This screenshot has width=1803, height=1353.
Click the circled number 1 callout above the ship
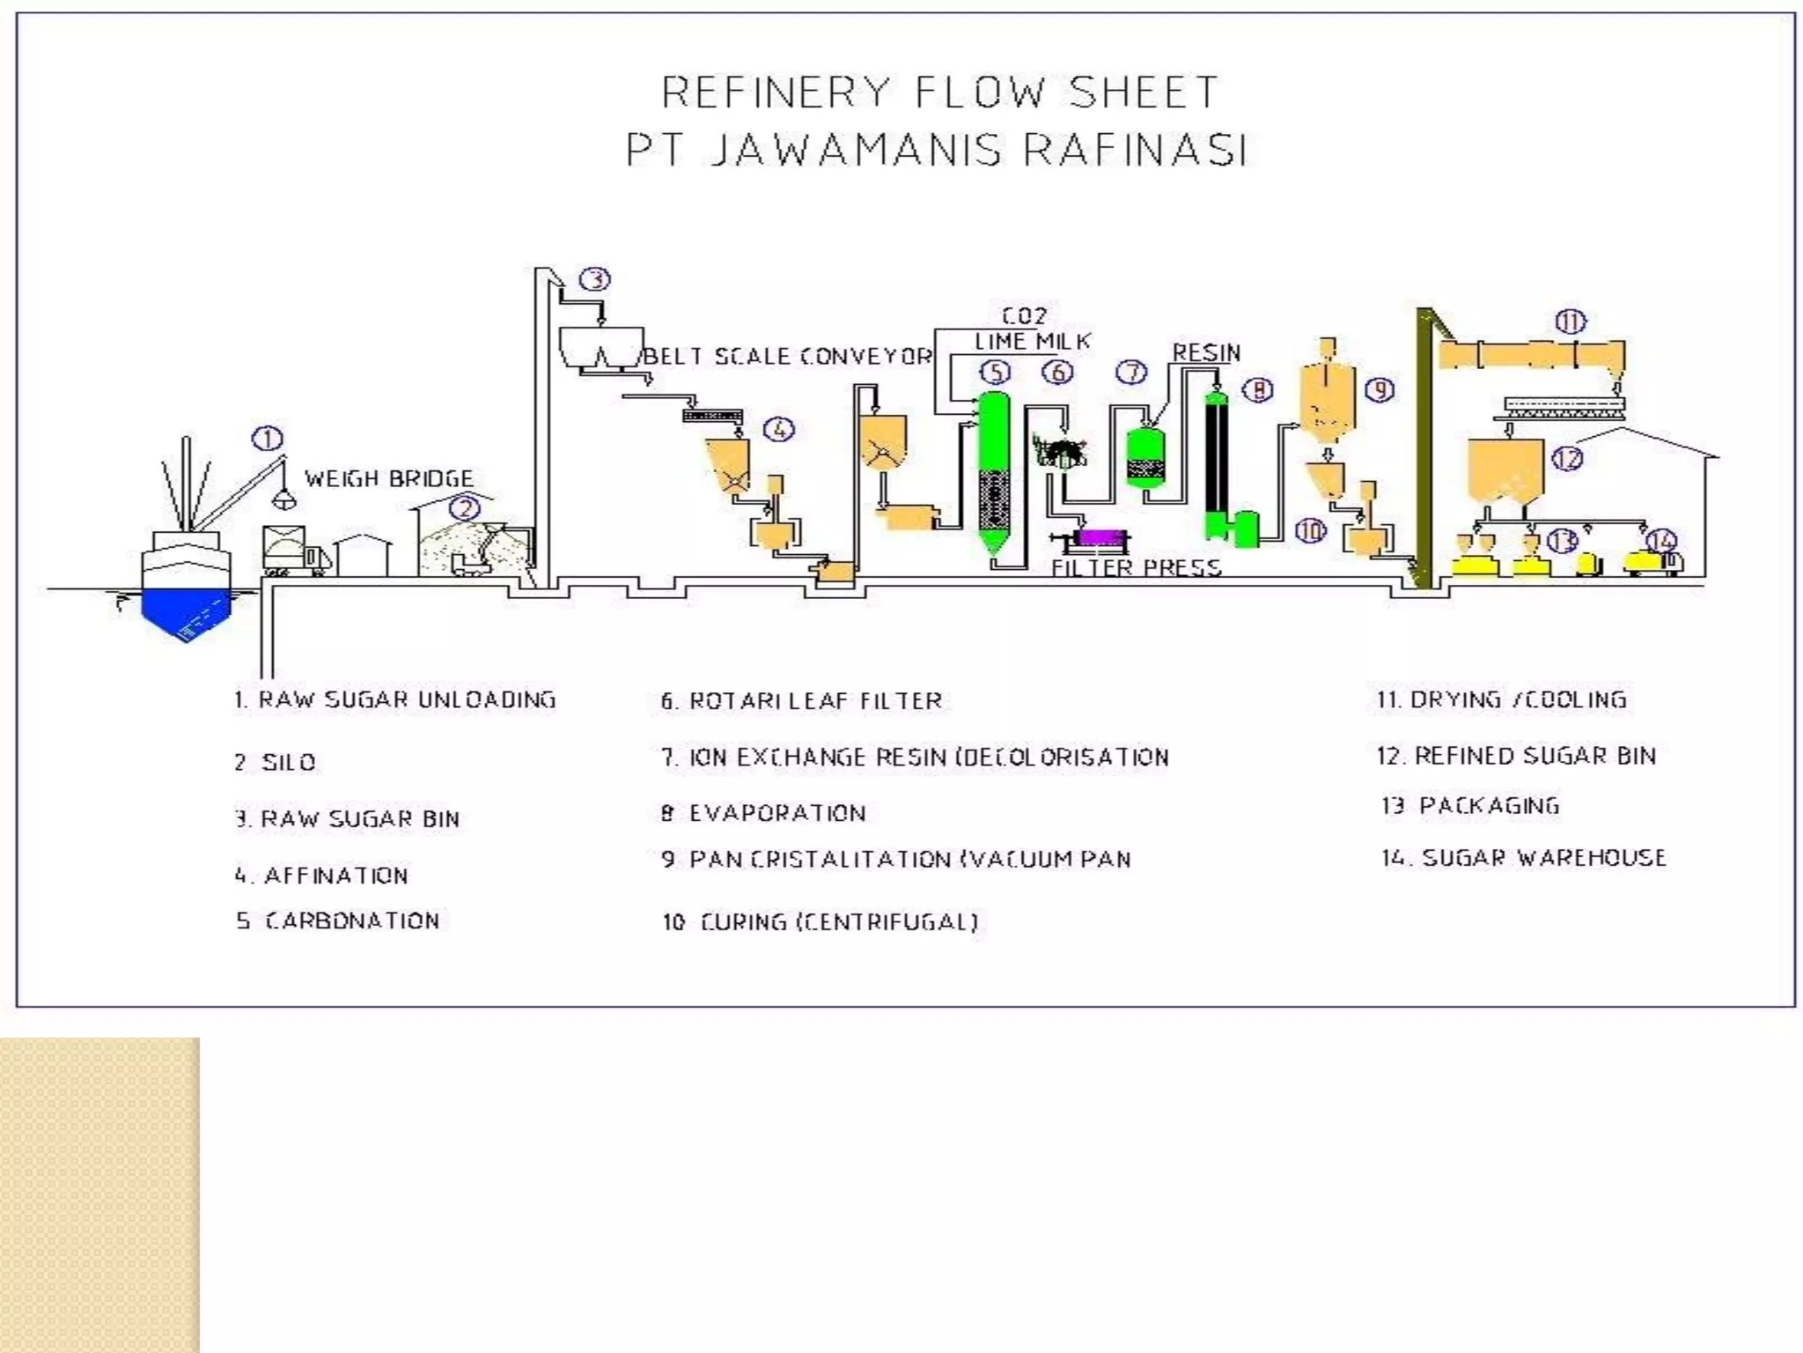click(268, 439)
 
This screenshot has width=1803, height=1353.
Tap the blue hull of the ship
click(186, 610)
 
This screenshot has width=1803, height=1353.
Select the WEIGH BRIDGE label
click(389, 478)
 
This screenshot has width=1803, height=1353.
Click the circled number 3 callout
click(595, 279)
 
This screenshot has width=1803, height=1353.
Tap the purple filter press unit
click(1096, 536)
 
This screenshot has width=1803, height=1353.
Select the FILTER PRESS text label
click(1136, 567)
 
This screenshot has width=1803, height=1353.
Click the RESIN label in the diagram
click(1206, 352)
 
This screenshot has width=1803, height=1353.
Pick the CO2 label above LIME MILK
click(1024, 315)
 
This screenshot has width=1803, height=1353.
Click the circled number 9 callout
click(1380, 389)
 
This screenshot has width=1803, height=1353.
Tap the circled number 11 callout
click(1571, 322)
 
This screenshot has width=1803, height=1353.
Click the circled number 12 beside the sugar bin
click(1568, 459)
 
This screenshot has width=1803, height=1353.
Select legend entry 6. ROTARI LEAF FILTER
click(801, 701)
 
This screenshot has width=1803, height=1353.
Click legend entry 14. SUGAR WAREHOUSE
click(1523, 858)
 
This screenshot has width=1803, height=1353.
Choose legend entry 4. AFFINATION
click(321, 876)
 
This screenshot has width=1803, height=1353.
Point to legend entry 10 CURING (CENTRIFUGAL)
click(820, 922)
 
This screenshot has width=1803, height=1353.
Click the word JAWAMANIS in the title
click(856, 150)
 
